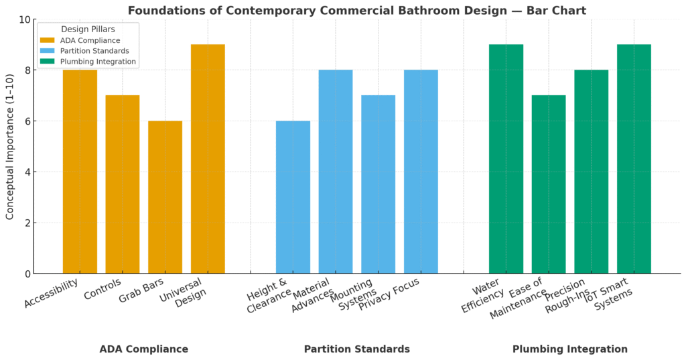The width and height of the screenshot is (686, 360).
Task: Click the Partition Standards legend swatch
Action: click(48, 51)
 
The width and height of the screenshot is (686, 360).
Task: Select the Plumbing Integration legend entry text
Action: click(98, 62)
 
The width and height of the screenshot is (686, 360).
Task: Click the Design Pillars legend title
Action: click(88, 29)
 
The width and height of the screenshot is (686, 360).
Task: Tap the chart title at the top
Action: click(356, 10)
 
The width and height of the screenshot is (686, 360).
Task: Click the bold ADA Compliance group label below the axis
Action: click(143, 349)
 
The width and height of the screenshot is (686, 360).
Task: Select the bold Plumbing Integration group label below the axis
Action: click(569, 349)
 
